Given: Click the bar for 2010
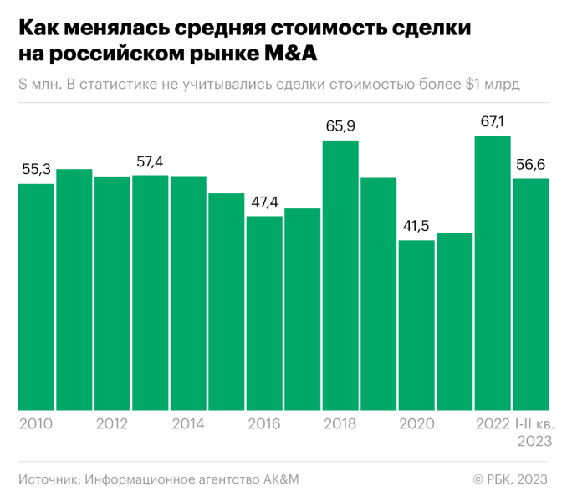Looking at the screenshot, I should (36, 297).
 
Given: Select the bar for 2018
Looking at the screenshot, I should (340, 275).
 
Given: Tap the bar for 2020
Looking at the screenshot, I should (416, 325).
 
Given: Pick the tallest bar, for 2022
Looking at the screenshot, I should (493, 273).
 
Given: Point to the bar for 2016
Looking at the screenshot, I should (264, 313).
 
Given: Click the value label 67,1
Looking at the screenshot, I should (493, 122).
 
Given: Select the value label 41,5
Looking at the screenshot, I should (416, 228).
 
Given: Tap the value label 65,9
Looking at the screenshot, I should (340, 127).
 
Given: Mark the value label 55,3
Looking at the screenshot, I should (36, 170).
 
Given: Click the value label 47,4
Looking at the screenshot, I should (264, 202).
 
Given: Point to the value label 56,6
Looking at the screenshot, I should (530, 165).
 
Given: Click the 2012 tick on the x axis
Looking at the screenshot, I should (112, 424).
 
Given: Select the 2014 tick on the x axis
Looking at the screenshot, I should (188, 424).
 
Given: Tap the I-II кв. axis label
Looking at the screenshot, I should (532, 424).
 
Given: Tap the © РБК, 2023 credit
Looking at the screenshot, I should (510, 479).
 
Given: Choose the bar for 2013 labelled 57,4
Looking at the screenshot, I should (151, 293).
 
